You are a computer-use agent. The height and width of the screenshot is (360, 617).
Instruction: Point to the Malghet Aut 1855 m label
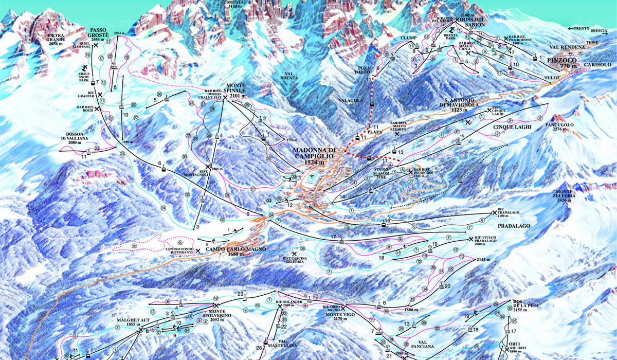[x=128, y=321]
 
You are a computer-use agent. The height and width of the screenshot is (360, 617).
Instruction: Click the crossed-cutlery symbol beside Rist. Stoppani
[x=96, y=45]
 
